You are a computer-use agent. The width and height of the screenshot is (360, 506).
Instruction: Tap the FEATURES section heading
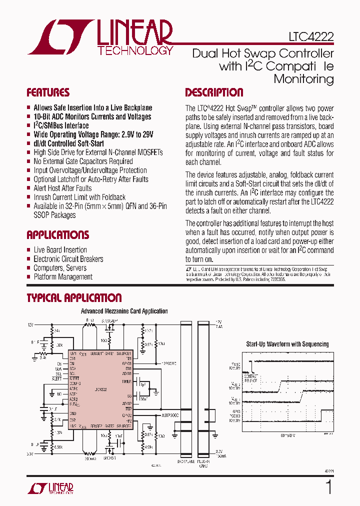[x=48, y=92]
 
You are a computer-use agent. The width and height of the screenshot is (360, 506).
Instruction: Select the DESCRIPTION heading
[x=214, y=92]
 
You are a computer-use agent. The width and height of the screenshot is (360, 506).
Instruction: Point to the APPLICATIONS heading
[x=58, y=235]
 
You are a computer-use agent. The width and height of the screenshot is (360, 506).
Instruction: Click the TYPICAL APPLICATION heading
[x=74, y=298]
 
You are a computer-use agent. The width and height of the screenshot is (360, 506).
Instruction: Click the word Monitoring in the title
[x=303, y=79]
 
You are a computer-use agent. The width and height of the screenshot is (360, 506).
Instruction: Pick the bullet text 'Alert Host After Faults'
[x=62, y=188]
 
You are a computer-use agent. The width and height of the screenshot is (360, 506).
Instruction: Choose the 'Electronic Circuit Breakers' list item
[x=68, y=259]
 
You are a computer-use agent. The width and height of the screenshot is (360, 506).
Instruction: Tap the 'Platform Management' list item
[x=63, y=277]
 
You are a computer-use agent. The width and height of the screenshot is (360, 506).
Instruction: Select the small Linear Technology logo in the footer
[x=50, y=488]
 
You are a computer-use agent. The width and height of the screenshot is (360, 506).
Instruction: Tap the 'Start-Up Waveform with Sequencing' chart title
[x=287, y=344]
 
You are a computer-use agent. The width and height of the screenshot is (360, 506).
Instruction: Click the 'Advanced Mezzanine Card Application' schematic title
[x=124, y=311]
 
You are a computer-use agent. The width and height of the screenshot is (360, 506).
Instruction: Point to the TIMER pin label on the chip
[x=126, y=381]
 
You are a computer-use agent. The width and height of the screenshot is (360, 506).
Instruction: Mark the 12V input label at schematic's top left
[x=31, y=325]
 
